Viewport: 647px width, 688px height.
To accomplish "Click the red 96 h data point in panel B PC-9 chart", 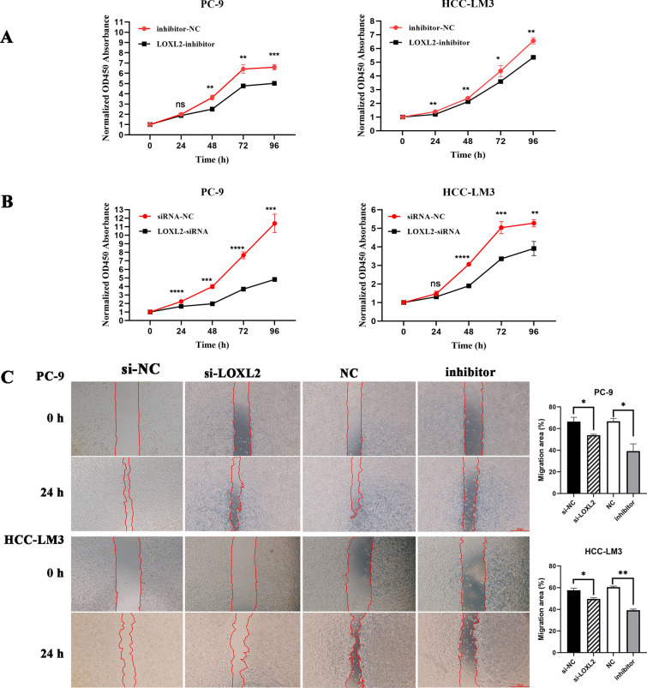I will click(x=273, y=224).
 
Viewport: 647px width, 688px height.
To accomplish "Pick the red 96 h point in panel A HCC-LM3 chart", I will click(x=533, y=41).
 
